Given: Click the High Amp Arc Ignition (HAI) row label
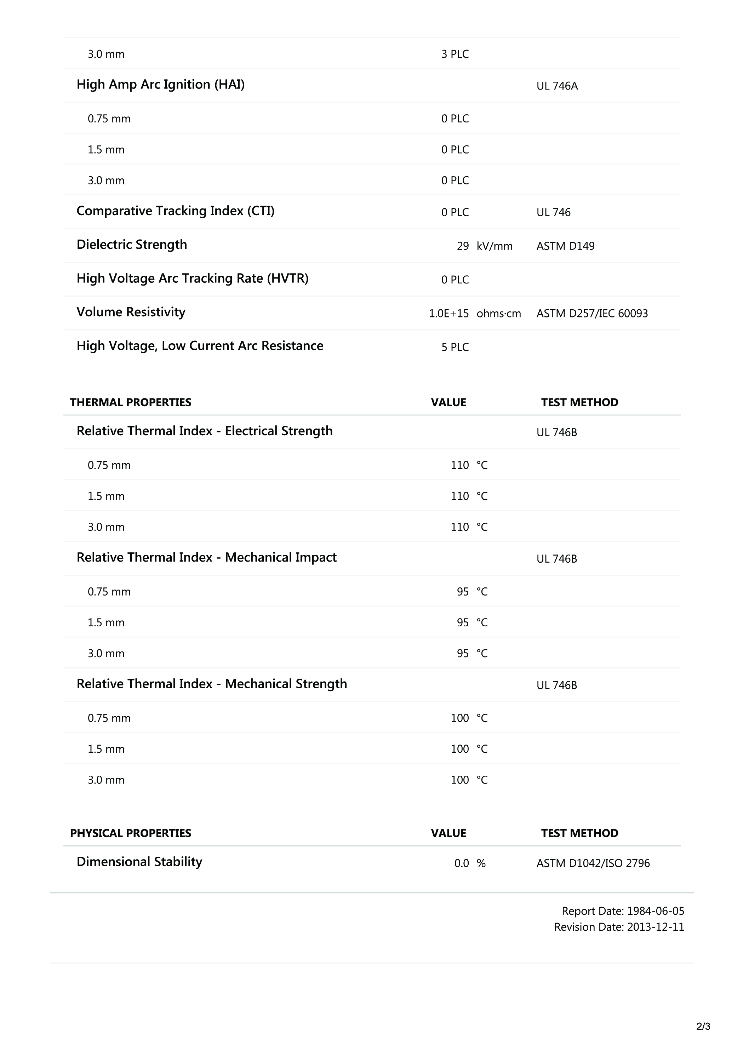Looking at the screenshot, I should (160, 85).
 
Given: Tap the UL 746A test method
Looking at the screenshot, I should (557, 86).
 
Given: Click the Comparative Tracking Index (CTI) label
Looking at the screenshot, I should (175, 211).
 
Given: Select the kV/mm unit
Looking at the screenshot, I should (495, 246).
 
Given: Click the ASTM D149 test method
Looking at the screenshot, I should (565, 246).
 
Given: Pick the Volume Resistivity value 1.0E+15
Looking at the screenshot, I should (448, 314).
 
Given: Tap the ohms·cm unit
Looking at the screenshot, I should (498, 314).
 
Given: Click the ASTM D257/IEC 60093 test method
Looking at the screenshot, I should (592, 314).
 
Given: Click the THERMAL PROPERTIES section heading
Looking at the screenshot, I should (131, 402).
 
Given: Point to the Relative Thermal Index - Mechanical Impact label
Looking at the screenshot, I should (206, 558).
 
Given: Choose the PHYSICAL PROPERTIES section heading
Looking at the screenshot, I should (131, 833).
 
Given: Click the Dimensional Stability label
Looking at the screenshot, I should (139, 862).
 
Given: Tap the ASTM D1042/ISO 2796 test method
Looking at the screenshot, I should (593, 863).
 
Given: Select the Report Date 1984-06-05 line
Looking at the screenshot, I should (623, 911).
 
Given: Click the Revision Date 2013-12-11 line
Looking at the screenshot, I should (619, 927).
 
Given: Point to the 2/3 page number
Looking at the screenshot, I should (703, 1026).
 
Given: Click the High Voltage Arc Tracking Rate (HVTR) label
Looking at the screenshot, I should (192, 278).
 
